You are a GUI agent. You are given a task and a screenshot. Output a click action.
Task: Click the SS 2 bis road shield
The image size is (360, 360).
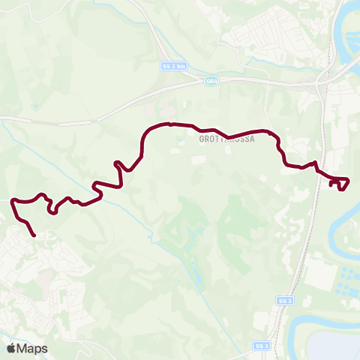point(173,66)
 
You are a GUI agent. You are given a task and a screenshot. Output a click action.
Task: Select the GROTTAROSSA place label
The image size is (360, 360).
point(227,139)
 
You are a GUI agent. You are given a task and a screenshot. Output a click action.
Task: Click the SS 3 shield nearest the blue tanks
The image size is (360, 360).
point(283,301)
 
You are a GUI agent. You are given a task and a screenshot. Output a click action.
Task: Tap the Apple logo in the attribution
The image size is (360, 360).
point(11,348)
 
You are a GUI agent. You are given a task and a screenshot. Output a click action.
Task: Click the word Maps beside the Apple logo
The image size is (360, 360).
point(32,348)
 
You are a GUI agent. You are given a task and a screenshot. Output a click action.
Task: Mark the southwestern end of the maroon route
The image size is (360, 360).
point(34,235)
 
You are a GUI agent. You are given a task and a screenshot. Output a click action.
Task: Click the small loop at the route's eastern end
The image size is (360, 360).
point(341,182)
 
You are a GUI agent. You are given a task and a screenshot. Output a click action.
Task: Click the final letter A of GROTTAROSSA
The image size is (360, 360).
point(253,139)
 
